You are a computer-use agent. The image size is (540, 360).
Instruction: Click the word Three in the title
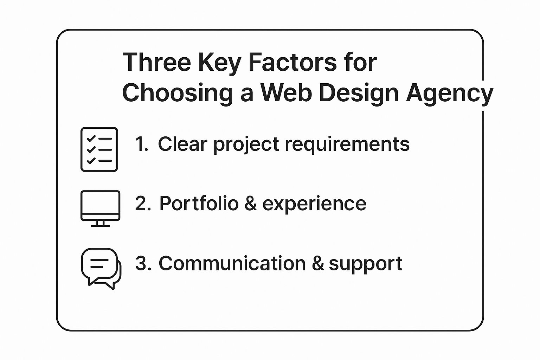157,62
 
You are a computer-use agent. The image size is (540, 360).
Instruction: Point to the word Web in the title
285,93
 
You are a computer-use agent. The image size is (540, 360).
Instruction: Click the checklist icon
99,149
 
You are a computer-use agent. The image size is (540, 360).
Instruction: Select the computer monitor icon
100,209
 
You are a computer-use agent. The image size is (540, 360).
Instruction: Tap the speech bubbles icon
101,269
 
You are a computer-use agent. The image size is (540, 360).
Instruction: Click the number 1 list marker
142,144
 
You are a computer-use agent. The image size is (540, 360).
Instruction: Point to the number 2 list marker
143,203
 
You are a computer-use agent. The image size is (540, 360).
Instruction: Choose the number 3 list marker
143,263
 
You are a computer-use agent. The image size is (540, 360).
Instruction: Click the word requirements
347,145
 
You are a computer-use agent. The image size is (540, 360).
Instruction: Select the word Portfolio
199,203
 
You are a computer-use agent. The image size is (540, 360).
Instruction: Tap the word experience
314,205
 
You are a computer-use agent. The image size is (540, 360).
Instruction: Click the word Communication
232,263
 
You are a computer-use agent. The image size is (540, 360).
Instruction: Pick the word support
366,265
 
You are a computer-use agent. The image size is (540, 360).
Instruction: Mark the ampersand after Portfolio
250,203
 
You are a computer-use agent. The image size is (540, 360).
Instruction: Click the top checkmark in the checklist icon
91,139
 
